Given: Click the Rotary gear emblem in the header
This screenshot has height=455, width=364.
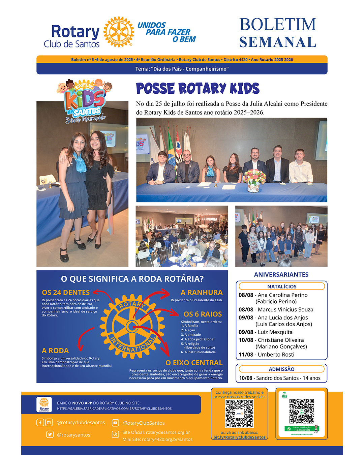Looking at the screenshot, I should coord(118,32).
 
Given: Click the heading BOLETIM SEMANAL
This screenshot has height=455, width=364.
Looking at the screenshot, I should coord(278,33).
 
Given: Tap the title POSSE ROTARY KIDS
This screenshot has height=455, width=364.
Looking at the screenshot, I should coord(198,89).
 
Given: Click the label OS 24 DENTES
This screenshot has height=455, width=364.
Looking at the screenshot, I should coord(66,293).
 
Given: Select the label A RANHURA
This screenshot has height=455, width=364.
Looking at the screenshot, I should coord(202,293).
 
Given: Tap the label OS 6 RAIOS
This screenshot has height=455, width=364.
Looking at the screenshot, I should coord(203,314).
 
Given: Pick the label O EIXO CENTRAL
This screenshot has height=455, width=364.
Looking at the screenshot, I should coord(194,363).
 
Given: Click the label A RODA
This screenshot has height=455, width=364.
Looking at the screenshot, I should coord(55,351).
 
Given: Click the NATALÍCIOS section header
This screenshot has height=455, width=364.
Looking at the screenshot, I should coord(282,286).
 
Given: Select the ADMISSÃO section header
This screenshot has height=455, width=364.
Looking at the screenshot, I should coord(281,369).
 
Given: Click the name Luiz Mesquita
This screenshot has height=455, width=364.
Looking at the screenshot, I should coord(275,332).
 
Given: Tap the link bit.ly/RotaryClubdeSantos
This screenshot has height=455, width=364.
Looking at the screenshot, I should coord(239,437).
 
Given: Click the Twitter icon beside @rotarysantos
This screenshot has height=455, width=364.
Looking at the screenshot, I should coord(50,434).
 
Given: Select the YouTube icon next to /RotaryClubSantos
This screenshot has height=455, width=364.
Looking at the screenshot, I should coord(115,423).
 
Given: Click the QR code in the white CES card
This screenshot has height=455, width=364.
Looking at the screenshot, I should coord(302,411).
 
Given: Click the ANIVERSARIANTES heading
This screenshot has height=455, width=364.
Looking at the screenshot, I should coord(281,275).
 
